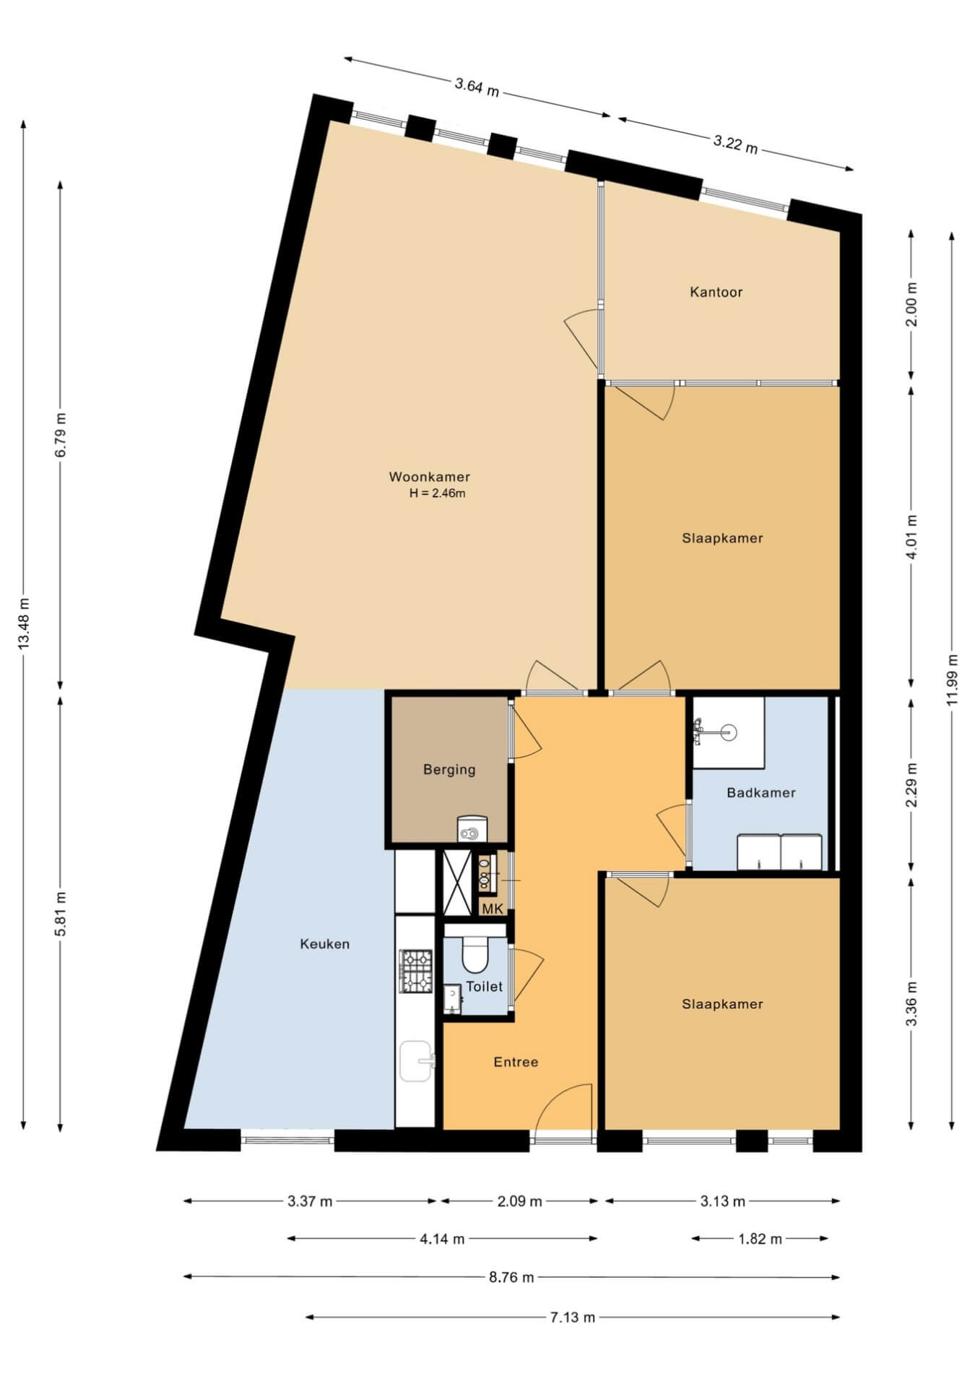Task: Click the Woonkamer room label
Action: point(429,477)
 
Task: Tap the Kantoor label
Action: point(716,292)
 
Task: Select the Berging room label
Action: point(449,769)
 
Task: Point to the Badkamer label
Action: point(761,792)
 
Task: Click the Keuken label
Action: point(325,943)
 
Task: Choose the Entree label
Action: point(516,1062)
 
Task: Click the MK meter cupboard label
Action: point(493,909)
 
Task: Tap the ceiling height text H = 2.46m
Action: point(437,494)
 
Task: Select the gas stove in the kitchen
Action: point(415,970)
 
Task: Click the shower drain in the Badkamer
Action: point(728,732)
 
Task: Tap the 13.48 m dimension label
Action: point(24,623)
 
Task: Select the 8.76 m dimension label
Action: point(511,1277)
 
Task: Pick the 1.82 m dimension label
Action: point(760,1239)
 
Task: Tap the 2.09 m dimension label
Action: point(519,1201)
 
